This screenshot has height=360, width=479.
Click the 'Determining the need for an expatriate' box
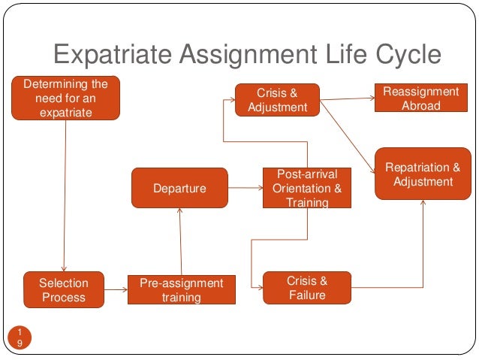(x=65, y=98)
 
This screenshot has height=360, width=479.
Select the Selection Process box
(x=63, y=290)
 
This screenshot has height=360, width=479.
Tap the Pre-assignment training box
(x=181, y=290)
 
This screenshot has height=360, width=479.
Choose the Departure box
(x=179, y=188)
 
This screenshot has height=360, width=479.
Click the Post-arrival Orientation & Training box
(x=307, y=188)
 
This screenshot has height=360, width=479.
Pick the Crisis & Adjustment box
(x=277, y=100)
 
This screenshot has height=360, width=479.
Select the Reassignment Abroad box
(x=420, y=98)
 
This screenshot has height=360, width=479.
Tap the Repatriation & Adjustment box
(x=422, y=174)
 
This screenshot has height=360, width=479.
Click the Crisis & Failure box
(x=307, y=288)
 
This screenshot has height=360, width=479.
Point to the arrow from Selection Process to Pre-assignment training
(x=115, y=290)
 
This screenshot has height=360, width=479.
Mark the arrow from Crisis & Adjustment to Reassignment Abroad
(x=347, y=98)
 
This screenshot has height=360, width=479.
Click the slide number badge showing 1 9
(x=20, y=337)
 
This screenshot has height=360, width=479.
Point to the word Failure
(x=307, y=295)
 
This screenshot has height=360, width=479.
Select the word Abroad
(x=420, y=106)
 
